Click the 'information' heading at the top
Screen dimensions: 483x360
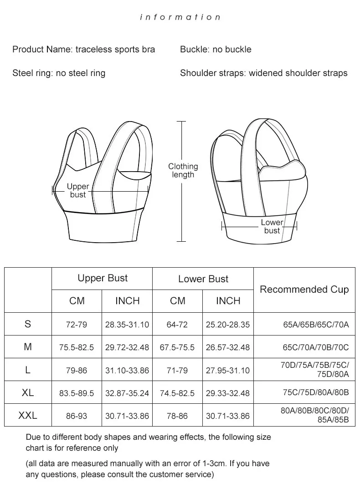click(180, 17)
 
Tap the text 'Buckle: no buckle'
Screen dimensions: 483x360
click(216, 49)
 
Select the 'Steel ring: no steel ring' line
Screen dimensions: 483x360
click(59, 73)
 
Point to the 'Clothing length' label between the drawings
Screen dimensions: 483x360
click(183, 170)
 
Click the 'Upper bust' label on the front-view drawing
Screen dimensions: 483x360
click(78, 190)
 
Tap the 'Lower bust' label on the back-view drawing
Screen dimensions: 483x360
click(272, 226)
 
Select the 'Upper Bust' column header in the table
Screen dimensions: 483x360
click(103, 278)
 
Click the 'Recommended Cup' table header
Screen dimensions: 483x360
click(304, 290)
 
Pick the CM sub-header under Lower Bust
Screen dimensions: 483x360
click(178, 301)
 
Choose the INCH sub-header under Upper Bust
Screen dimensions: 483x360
click(127, 301)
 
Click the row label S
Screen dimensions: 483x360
click(28, 324)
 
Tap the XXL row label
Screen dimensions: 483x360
click(28, 415)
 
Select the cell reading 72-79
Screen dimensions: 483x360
click(77, 325)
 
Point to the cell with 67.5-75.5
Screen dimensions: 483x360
click(177, 347)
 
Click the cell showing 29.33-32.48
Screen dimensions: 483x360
click(228, 393)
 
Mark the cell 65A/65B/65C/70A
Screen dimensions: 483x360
click(316, 325)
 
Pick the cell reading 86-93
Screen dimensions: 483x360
click(77, 416)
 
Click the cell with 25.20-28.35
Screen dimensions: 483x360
click(228, 325)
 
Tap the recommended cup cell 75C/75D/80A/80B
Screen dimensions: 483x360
click(316, 393)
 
